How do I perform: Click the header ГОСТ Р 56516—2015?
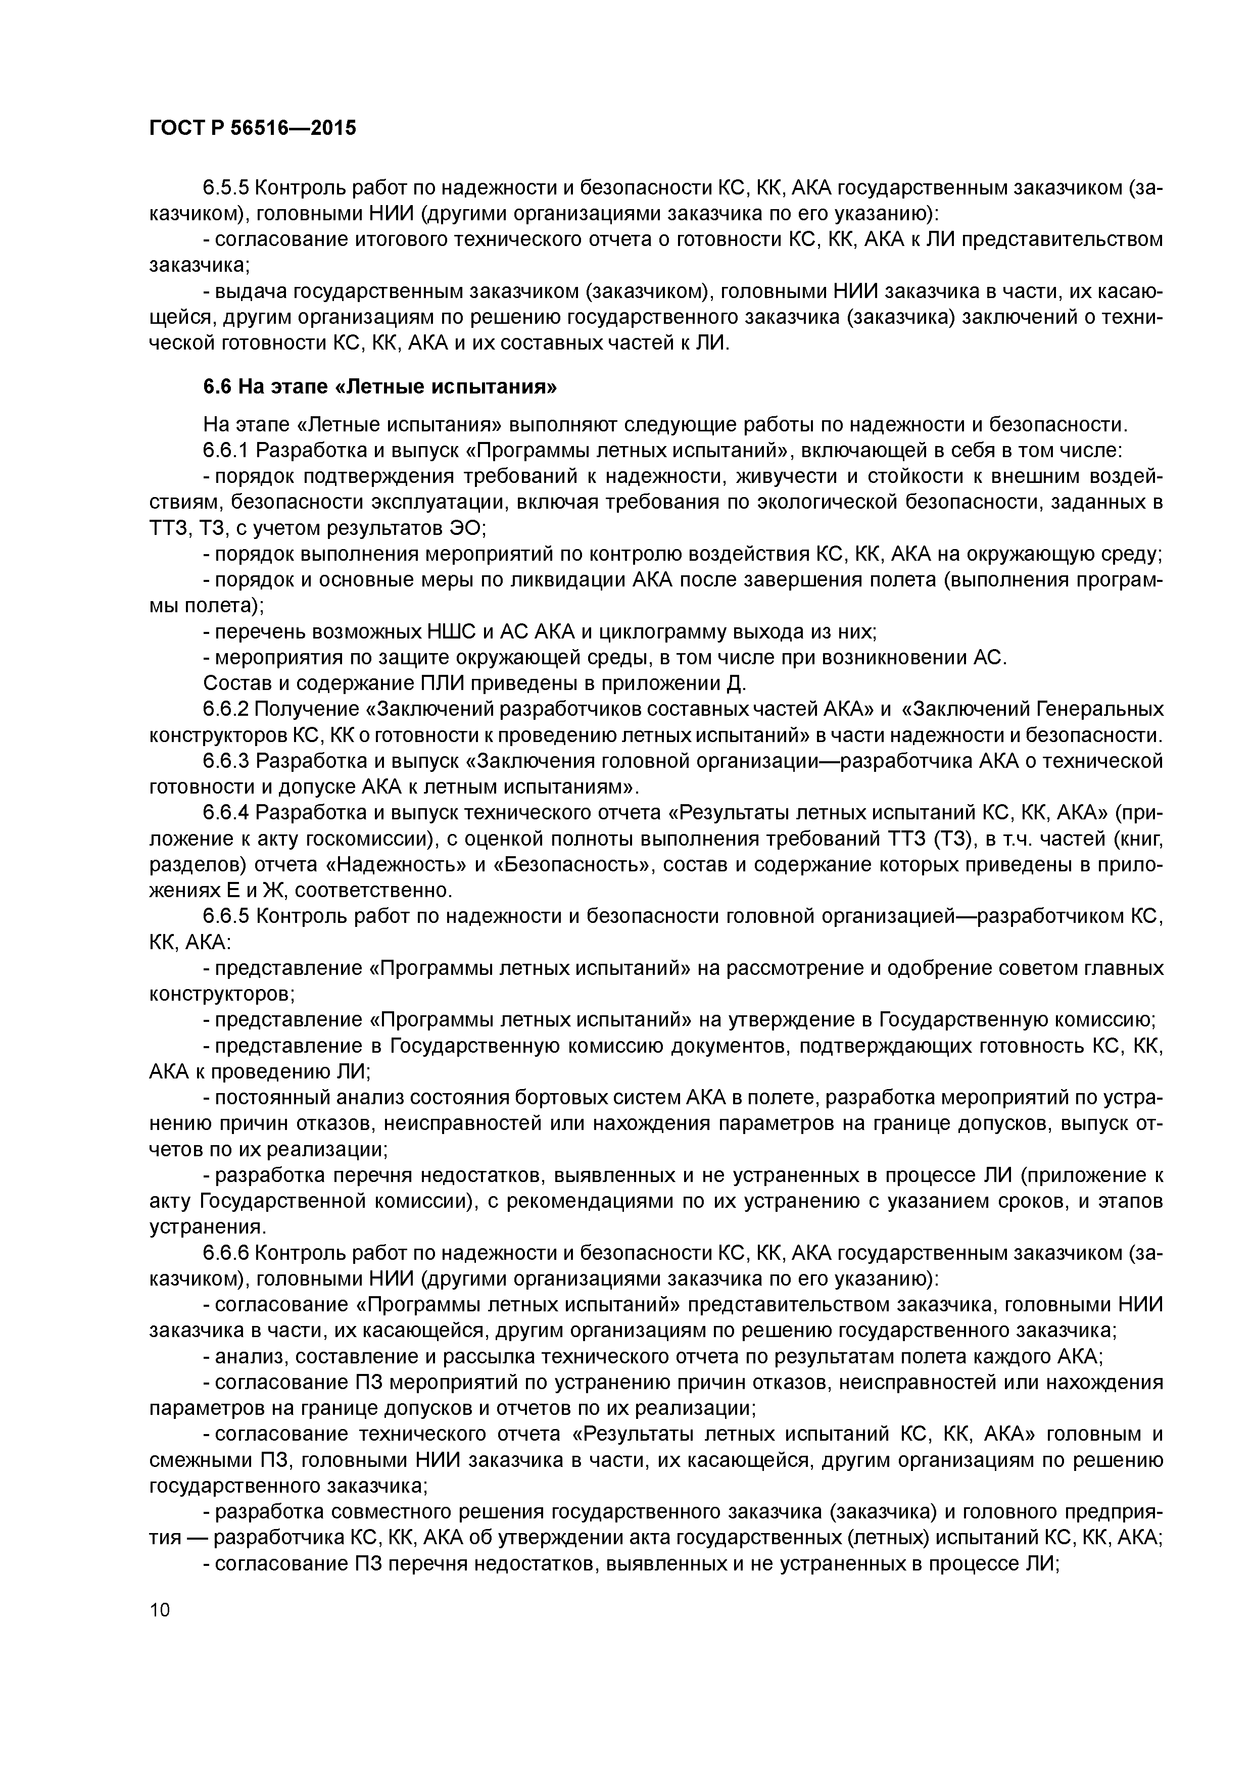[x=253, y=128]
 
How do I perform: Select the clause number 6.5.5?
[x=226, y=187]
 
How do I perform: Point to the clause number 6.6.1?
[x=226, y=451]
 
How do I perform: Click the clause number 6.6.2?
[x=226, y=709]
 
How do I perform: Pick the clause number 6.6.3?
[x=226, y=761]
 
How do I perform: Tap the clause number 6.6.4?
[x=226, y=813]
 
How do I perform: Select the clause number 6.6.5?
[x=226, y=916]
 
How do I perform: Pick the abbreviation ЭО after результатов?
[x=466, y=529]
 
